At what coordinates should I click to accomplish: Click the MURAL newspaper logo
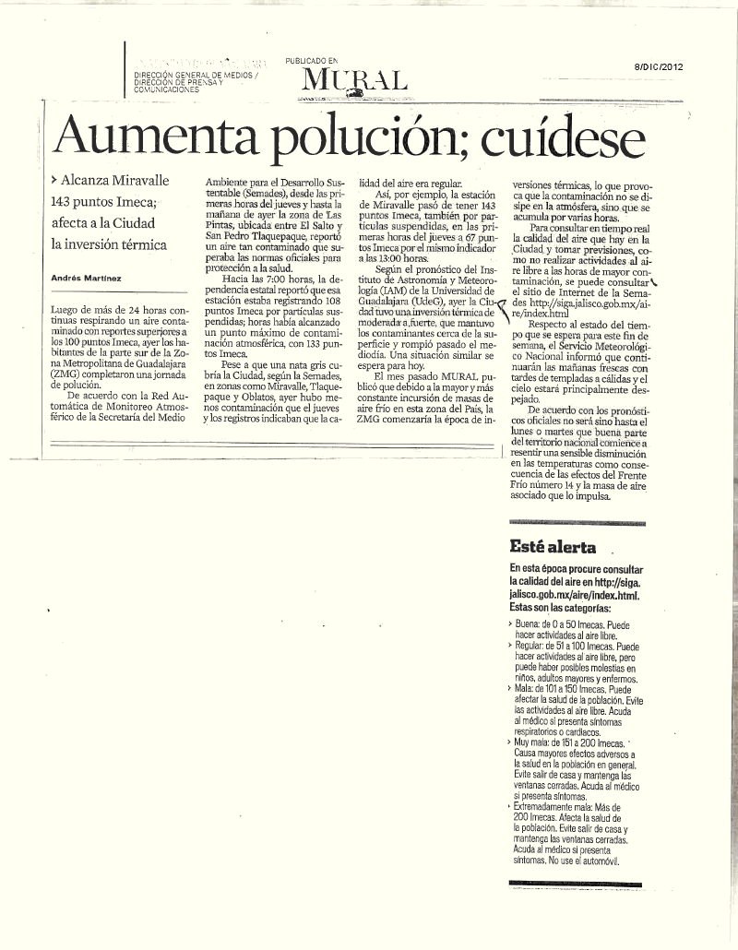coord(353,81)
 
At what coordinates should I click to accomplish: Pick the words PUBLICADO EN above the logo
coord(312,60)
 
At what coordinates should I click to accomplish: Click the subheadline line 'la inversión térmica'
coord(108,244)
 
